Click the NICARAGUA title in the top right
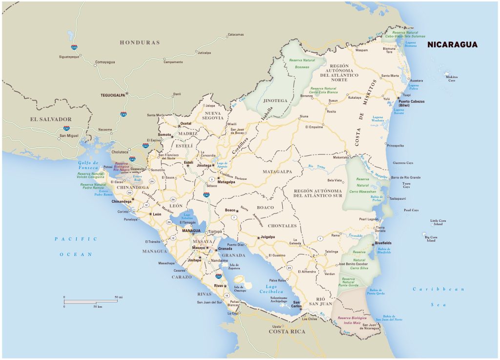coord(452,44)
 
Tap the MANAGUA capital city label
coord(191,230)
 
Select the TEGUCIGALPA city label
coord(112,95)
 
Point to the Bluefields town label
coord(383,243)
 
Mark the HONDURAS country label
coord(140,42)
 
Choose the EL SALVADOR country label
coord(51,119)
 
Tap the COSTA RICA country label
coord(287,332)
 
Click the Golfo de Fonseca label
coord(88,165)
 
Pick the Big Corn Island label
coord(430,238)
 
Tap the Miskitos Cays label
coord(452,79)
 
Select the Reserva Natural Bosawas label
coord(302,63)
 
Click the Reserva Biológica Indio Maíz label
coord(352,320)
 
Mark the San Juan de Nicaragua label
coord(370,326)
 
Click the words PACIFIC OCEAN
coord(76,247)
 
